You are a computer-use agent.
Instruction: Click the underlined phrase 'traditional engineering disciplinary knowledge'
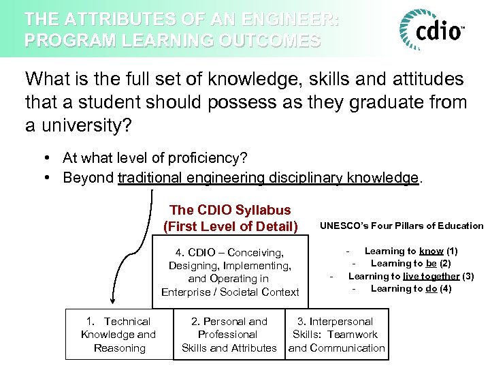[268, 178]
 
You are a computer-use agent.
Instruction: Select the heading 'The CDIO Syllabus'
[230, 210]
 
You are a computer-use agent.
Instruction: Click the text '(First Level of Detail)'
[230, 226]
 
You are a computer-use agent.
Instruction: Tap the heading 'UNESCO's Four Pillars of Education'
[402, 226]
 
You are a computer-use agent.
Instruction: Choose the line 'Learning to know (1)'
[411, 251]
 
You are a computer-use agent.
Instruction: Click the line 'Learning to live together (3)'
[411, 276]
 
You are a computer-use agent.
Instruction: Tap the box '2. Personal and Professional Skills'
[229, 334]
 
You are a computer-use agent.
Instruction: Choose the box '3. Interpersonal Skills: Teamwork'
[336, 334]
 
